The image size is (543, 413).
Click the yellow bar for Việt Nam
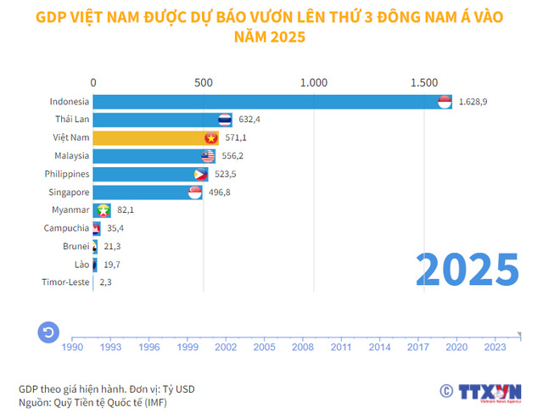(148, 138)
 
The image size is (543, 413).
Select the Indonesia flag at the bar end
(445, 102)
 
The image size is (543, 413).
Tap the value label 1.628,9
(473, 102)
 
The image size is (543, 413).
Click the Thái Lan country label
(71, 120)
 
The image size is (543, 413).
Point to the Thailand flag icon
(225, 120)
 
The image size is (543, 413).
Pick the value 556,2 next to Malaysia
(235, 156)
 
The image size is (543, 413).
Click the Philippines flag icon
(200, 174)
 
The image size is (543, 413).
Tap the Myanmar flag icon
(104, 209)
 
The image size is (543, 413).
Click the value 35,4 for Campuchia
(115, 228)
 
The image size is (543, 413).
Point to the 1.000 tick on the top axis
(314, 82)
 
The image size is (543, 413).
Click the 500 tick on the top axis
(203, 82)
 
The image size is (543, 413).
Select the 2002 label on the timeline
(226, 346)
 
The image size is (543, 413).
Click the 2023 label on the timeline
(494, 346)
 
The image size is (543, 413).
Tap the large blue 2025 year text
(467, 270)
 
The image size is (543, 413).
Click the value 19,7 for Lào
(110, 265)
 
